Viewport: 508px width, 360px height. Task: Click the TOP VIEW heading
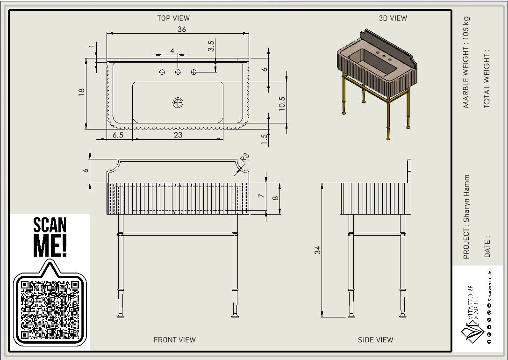click(x=173, y=18)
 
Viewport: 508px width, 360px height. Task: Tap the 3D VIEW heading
click(x=393, y=18)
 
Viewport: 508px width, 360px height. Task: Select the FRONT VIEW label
click(x=175, y=340)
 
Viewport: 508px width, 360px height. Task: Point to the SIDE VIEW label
click(x=375, y=340)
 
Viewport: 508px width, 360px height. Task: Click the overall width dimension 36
click(x=182, y=29)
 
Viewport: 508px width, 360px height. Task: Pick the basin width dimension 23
click(x=178, y=135)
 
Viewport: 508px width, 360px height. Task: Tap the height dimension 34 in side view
click(x=318, y=250)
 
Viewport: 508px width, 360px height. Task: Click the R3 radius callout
click(x=245, y=157)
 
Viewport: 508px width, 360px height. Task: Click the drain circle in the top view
click(x=178, y=102)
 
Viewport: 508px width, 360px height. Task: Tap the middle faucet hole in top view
click(x=178, y=72)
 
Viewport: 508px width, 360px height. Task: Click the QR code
click(x=50, y=309)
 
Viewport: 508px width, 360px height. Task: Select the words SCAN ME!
click(x=50, y=238)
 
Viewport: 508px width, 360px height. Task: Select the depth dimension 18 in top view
click(x=82, y=93)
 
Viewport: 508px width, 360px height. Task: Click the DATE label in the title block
click(x=487, y=246)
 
